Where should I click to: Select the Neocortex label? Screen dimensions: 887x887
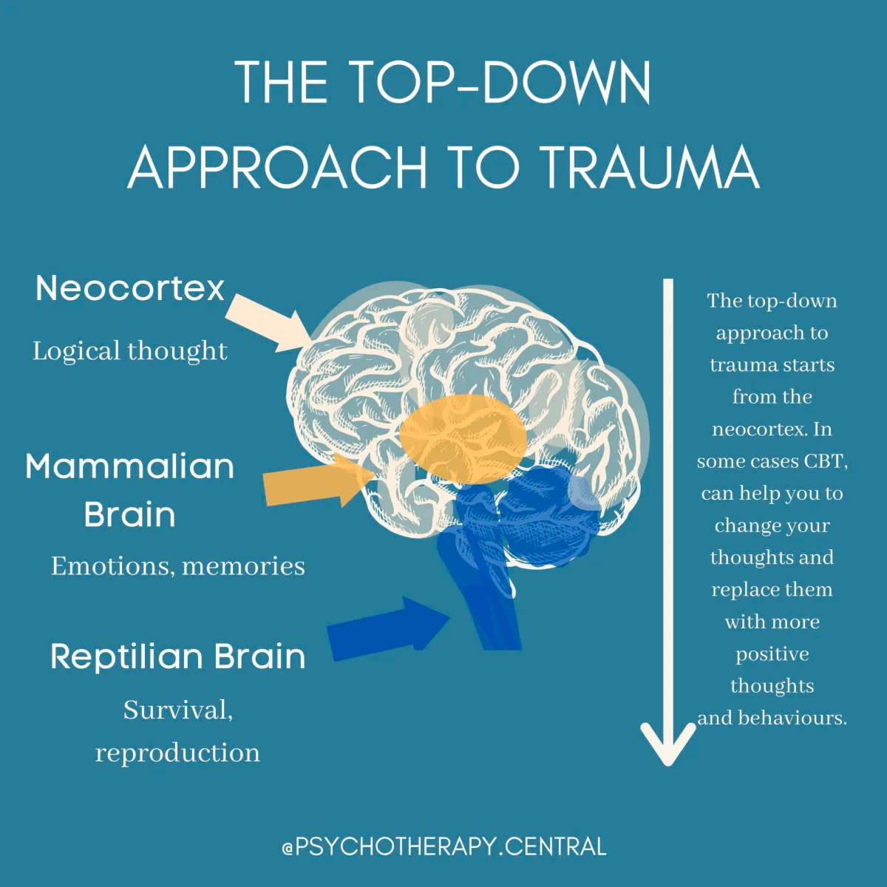pos(130,288)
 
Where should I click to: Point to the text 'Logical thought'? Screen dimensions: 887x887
pos(130,351)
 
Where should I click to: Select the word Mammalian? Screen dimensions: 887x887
pos(130,467)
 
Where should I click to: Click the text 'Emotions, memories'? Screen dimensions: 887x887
pos(178,566)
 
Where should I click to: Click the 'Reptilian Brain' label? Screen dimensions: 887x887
pos(178,656)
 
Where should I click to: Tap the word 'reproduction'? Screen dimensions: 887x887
pos(178,753)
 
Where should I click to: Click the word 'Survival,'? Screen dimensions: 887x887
pos(178,710)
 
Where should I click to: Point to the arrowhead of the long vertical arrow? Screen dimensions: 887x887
pos(668,747)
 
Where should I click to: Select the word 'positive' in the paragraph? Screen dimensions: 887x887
pos(772,654)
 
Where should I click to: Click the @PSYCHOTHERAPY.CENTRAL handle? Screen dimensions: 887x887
pos(443,846)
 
